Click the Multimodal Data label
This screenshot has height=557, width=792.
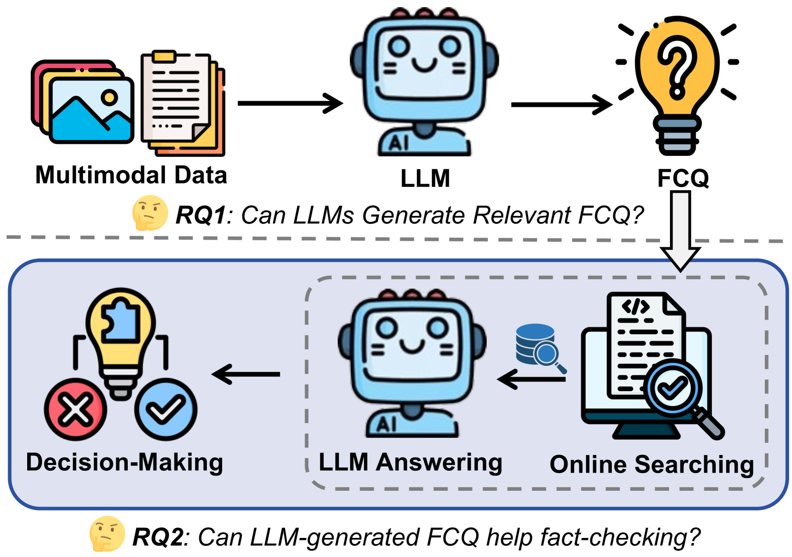point(131,175)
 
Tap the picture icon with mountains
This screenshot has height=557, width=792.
point(91,110)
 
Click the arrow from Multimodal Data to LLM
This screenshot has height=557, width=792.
point(290,103)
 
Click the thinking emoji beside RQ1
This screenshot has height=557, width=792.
point(150,213)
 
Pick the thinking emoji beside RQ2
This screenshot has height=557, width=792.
point(107,534)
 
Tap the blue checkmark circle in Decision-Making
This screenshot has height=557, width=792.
point(165,409)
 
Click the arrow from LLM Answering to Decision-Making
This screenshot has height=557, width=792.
point(246,374)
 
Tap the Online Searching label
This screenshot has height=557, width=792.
point(651,465)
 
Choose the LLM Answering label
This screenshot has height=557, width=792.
point(410,463)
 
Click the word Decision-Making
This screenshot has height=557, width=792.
point(124,463)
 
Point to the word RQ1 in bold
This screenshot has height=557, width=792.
point(201,215)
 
